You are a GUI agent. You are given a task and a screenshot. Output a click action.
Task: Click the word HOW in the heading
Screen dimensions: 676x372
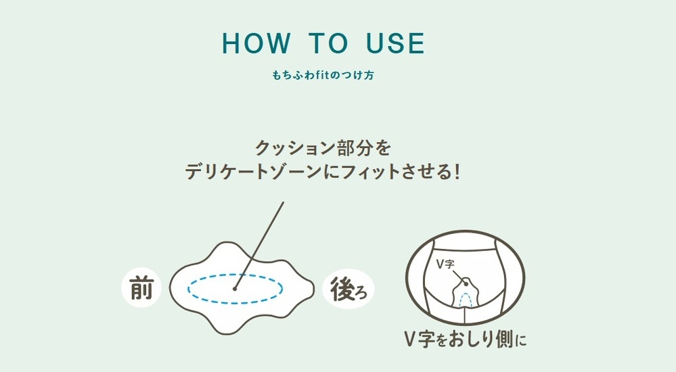[x=256, y=43]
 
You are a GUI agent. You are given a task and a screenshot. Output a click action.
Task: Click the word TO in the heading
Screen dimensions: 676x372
[x=328, y=43]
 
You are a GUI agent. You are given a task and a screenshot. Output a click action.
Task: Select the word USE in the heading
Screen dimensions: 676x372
[x=395, y=43]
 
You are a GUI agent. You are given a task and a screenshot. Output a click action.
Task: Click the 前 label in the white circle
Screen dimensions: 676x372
[x=141, y=288]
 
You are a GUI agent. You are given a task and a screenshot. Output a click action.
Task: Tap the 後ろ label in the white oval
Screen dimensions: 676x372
[x=348, y=289]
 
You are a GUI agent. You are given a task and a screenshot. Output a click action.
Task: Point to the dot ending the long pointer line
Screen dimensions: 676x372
[x=235, y=289]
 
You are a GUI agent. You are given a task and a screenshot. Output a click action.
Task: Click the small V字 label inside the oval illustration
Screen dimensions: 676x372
[x=445, y=264]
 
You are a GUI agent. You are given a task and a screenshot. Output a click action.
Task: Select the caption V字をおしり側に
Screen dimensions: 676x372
[x=466, y=340]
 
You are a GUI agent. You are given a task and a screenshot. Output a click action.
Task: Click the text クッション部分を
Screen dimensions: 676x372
[x=323, y=148]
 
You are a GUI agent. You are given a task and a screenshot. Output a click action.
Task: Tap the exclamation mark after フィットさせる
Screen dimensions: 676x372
[x=457, y=172]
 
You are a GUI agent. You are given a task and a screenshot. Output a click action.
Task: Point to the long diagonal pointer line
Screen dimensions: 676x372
[x=259, y=246]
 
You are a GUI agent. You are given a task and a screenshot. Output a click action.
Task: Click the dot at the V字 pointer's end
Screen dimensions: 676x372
[x=465, y=283]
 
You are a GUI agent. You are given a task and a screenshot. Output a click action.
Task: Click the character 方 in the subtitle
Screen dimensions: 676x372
[x=369, y=75]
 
